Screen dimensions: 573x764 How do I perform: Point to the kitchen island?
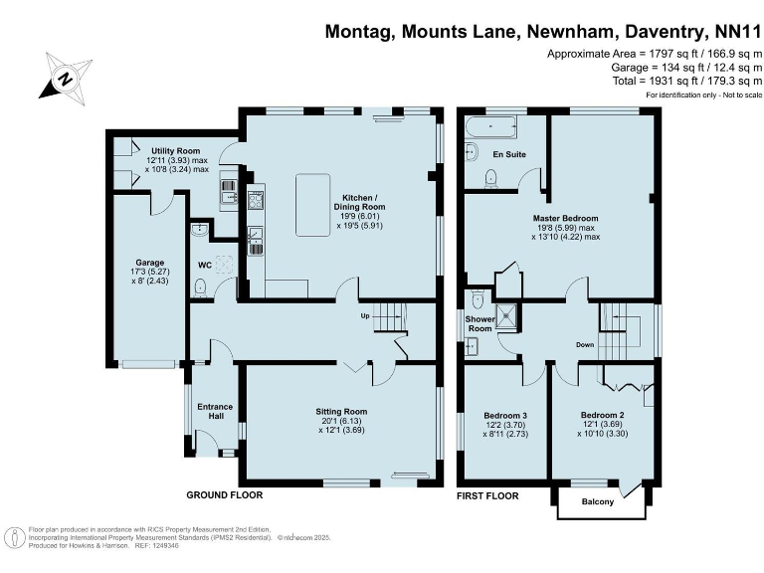(313, 204)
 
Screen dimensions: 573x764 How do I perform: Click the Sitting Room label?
(341, 411)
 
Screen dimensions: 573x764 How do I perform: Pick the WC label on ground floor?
(204, 266)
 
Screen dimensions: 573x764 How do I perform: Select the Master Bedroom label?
(566, 218)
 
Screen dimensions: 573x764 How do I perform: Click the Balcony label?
(597, 501)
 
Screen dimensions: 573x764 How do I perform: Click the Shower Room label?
(479, 324)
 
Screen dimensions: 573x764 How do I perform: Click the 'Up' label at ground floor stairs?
(365, 317)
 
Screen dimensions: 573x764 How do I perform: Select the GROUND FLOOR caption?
(225, 494)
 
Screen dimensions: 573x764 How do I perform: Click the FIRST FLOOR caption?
(487, 494)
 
